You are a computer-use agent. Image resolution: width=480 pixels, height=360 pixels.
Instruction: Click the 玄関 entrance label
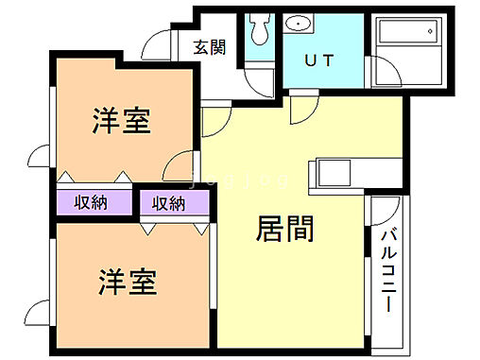[210, 48]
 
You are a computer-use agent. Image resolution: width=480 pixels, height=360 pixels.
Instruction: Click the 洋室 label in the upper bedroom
[123, 121]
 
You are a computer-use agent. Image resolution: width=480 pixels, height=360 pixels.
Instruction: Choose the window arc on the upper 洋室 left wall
[43, 158]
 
